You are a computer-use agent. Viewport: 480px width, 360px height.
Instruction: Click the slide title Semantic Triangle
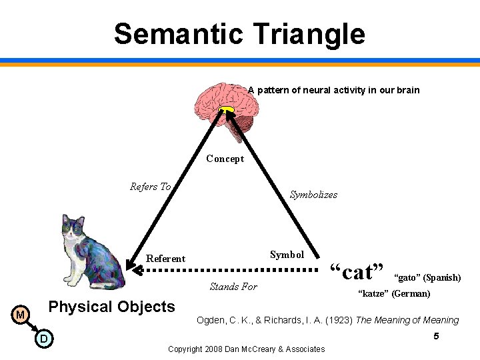coord(239,33)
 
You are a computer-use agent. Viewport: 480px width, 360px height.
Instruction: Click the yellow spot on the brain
coord(227,110)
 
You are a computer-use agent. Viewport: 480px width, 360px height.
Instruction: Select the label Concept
coord(225,159)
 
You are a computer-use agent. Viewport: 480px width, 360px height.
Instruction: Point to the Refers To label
coord(150,187)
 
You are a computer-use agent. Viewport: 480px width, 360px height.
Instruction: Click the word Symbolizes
coord(313,195)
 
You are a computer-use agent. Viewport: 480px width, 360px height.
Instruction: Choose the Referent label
coord(165,259)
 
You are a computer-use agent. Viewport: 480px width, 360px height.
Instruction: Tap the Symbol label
coord(287,255)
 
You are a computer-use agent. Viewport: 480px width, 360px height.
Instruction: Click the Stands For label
coord(233,287)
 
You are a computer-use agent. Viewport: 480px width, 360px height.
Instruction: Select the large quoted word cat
coord(357,272)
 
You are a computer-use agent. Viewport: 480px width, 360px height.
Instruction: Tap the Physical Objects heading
coord(112,307)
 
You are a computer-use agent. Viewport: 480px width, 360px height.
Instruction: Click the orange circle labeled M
coord(21,314)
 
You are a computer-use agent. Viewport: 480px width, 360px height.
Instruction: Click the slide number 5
coord(436,337)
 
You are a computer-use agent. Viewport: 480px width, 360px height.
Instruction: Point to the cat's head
coord(73,229)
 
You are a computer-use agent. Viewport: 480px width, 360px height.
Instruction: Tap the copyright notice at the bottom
coord(246,349)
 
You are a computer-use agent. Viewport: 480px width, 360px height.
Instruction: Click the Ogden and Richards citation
coord(327,320)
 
